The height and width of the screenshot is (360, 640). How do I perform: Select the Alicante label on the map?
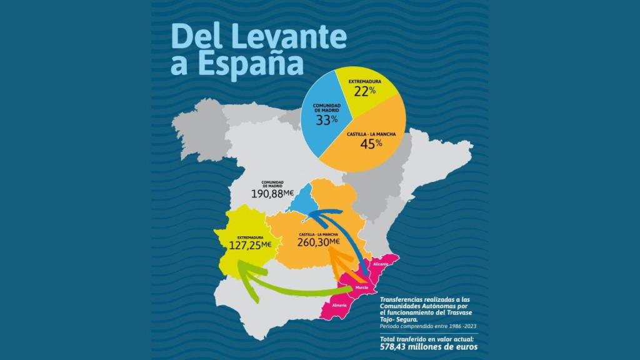381,264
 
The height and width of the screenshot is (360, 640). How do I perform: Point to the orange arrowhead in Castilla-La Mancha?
334,254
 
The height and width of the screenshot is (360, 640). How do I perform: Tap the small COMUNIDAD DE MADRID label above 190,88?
272,184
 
